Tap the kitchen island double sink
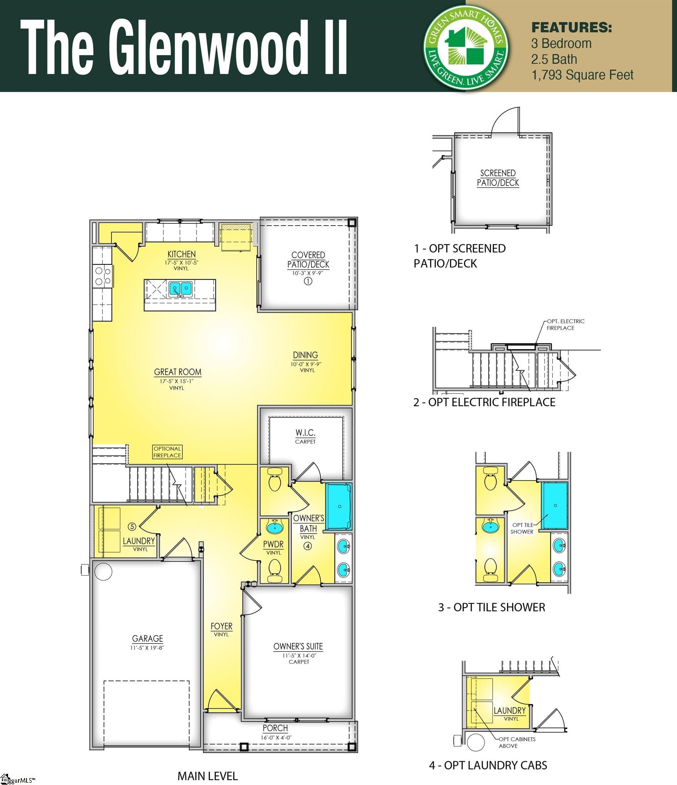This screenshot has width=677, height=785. coord(180,288)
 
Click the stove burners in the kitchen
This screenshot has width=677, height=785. coord(103,276)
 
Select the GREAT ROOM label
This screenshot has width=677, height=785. coord(178,372)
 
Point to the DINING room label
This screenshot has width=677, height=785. coord(305,355)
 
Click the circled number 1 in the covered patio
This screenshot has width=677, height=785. coord(308,281)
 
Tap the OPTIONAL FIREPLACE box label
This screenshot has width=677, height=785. coord(167,452)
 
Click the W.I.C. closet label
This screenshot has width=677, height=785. coord(305,433)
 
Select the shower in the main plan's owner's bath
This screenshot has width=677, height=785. coord(339,506)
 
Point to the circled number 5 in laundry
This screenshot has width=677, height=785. coord(132,526)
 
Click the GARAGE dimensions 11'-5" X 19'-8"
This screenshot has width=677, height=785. coord(147,648)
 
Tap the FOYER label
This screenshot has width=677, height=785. coord(221,626)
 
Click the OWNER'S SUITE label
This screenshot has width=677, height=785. coord(298,646)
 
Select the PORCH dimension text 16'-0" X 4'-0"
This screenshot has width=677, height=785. coord(276,737)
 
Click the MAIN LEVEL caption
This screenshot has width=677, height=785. coord(207,776)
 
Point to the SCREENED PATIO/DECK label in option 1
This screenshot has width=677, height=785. coord(498,178)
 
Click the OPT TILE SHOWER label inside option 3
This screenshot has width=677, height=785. coord(522,528)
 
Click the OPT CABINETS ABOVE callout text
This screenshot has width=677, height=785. coord(516,742)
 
